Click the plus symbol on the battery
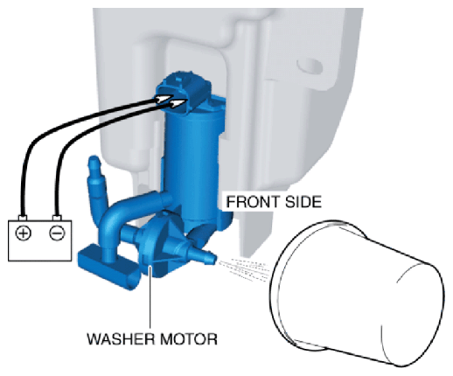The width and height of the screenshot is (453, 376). point(23,233)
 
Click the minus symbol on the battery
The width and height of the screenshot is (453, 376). point(57,233)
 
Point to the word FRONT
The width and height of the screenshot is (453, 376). point(251,202)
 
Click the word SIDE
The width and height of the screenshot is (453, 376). point(303,202)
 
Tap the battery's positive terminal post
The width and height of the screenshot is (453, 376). point(23,218)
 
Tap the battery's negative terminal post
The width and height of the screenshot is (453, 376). point(57,218)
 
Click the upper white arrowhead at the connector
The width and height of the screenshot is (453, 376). point(164,99)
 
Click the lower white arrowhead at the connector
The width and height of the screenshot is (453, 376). point(178,102)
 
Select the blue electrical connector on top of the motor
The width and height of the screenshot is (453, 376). point(184,90)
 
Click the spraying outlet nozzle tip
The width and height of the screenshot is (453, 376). point(213,258)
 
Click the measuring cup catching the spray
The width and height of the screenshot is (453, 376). point(357,293)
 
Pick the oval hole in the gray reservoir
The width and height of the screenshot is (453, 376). point(310,66)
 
